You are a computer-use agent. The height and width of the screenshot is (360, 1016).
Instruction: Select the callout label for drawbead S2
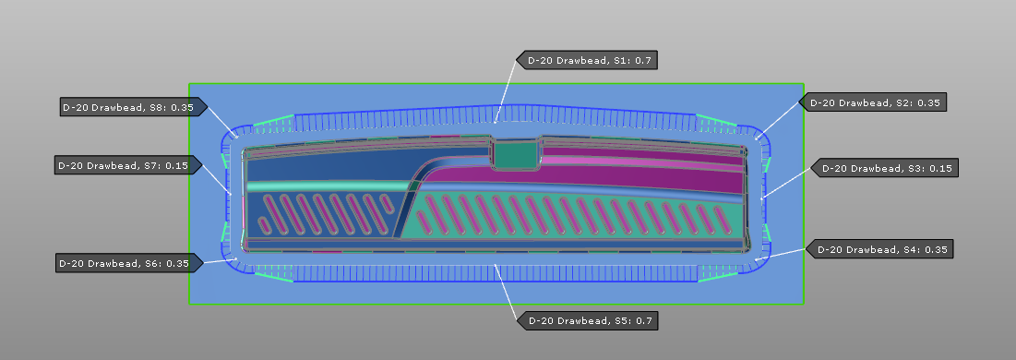(873, 102)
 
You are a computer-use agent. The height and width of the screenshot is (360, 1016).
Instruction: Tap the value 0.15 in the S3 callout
(940, 168)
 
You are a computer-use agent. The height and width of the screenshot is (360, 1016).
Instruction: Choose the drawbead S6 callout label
(125, 263)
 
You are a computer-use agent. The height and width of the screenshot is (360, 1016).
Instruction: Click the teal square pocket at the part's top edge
(516, 154)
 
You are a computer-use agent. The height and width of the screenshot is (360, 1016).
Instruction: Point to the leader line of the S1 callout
(506, 92)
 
